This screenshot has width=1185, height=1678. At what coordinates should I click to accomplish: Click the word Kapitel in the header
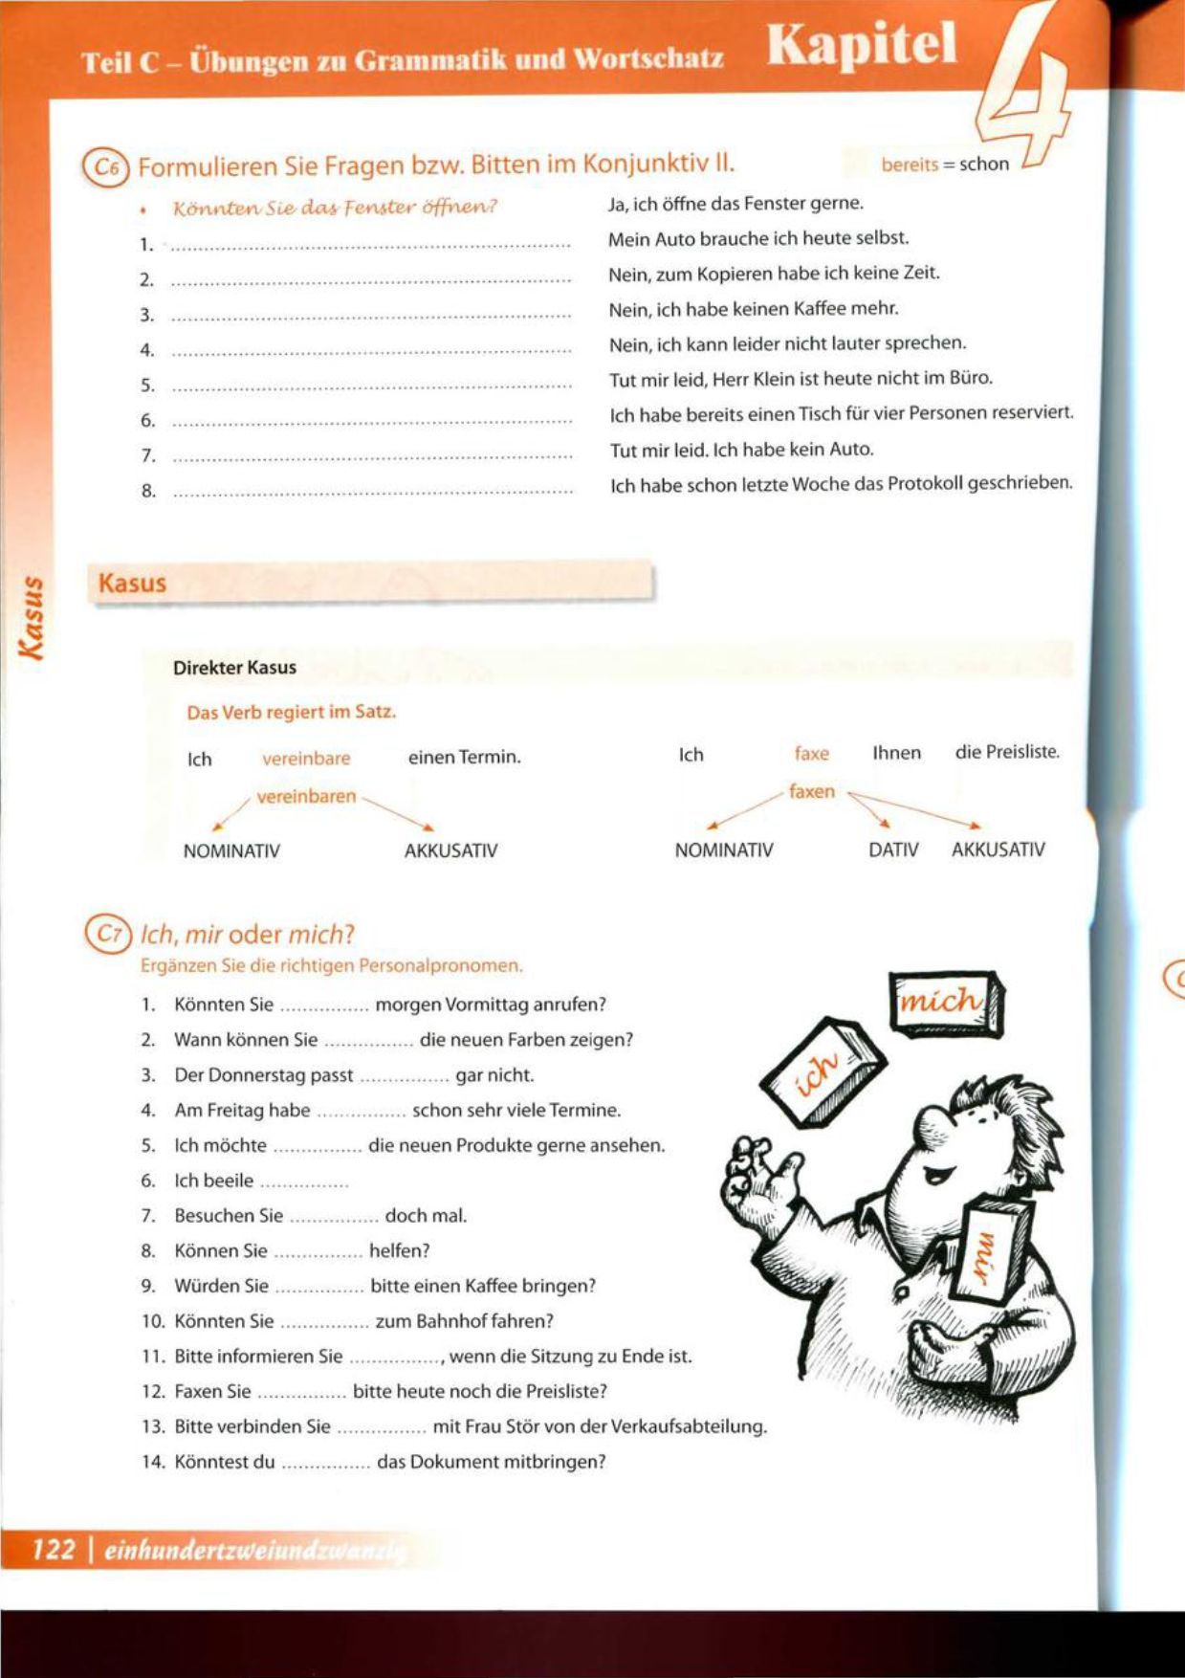[862, 45]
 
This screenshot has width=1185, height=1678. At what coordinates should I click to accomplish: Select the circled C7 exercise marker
[107, 934]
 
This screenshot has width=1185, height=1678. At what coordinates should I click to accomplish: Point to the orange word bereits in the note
[910, 165]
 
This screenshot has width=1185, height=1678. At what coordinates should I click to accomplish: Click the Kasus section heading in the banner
[132, 583]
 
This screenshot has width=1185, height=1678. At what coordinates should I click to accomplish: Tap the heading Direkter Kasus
[234, 668]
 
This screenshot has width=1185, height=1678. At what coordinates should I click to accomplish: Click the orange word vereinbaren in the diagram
[306, 796]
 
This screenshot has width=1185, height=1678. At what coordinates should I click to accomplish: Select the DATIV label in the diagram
[893, 850]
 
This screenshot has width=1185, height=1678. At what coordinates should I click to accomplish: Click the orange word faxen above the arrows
[812, 791]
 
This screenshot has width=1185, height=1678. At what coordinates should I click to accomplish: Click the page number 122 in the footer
[54, 1549]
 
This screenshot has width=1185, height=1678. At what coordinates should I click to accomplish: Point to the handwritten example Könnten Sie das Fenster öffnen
[335, 207]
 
